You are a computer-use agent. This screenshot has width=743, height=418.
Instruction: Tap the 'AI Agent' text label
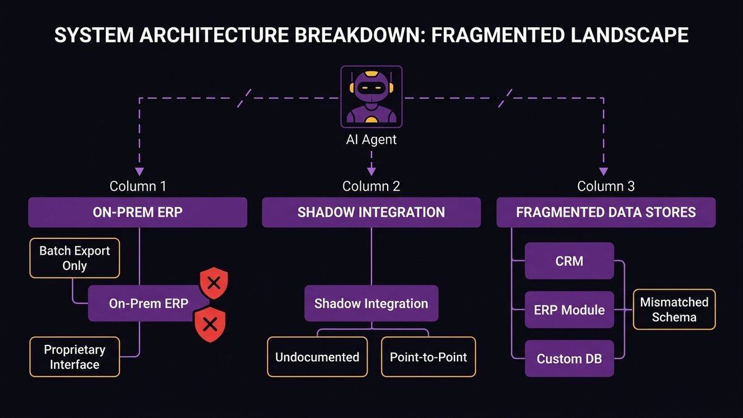click(x=371, y=140)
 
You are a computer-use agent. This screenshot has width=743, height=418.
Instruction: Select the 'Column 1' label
click(x=138, y=186)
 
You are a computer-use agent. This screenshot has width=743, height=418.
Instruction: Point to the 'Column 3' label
click(x=606, y=186)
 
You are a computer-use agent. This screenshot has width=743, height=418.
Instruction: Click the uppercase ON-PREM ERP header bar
click(x=138, y=212)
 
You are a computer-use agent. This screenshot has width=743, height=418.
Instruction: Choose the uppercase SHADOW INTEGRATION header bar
click(x=371, y=212)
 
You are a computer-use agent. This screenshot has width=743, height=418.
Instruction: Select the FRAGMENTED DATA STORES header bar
click(x=606, y=212)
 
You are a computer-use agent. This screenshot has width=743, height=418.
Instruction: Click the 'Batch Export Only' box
click(x=74, y=258)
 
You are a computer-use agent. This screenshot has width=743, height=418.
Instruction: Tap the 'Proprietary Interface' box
click(x=74, y=357)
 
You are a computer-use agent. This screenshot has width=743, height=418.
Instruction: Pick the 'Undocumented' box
click(x=317, y=357)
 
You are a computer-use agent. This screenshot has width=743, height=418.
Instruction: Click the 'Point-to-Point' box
click(x=428, y=357)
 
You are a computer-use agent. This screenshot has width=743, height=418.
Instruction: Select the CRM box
click(x=569, y=261)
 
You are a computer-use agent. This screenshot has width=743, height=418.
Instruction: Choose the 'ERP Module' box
click(x=569, y=310)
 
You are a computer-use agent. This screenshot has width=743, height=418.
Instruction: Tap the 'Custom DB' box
click(x=569, y=359)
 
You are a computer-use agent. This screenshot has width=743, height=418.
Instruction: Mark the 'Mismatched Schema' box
click(x=674, y=309)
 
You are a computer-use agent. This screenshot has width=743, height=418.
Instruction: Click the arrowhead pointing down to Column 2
click(x=371, y=172)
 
